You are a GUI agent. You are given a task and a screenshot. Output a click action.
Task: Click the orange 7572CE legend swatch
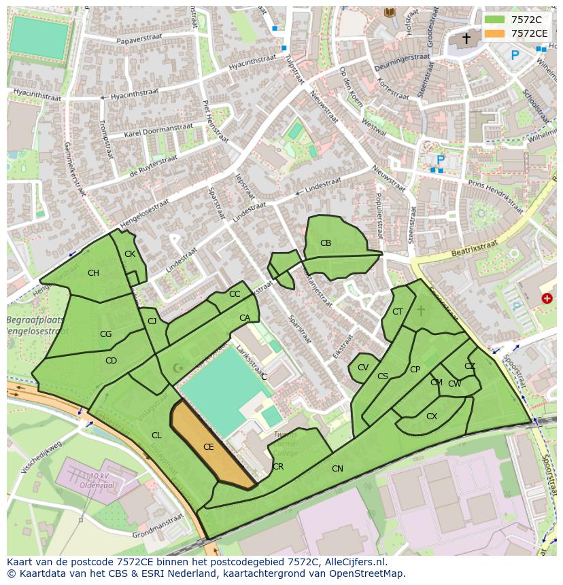(x=494, y=33)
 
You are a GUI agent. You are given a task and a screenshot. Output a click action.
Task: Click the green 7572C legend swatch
(x=494, y=20)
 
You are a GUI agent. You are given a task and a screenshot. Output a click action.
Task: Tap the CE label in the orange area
(x=209, y=447)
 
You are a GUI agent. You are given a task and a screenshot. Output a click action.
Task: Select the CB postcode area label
(x=326, y=243)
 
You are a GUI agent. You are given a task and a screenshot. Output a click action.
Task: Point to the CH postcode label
(x=93, y=273)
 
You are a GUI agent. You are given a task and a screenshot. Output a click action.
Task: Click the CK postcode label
(x=130, y=254)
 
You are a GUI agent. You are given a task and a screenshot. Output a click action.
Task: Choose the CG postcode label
(x=105, y=334)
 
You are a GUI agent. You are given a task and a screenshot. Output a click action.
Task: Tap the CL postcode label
(x=156, y=436)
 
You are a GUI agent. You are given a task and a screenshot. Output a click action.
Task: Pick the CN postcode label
(x=337, y=469)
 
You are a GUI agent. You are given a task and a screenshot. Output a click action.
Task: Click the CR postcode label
(x=278, y=467)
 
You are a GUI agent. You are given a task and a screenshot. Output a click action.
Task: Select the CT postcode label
(x=398, y=312)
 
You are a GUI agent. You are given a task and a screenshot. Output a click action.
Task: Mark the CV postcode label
(x=363, y=368)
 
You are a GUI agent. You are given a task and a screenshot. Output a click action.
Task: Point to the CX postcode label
(x=432, y=416)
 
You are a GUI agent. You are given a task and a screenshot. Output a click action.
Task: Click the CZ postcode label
(x=470, y=366)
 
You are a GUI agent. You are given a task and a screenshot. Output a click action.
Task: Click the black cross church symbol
(x=466, y=39)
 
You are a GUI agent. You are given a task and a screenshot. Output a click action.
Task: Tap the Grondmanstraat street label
(x=158, y=521)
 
